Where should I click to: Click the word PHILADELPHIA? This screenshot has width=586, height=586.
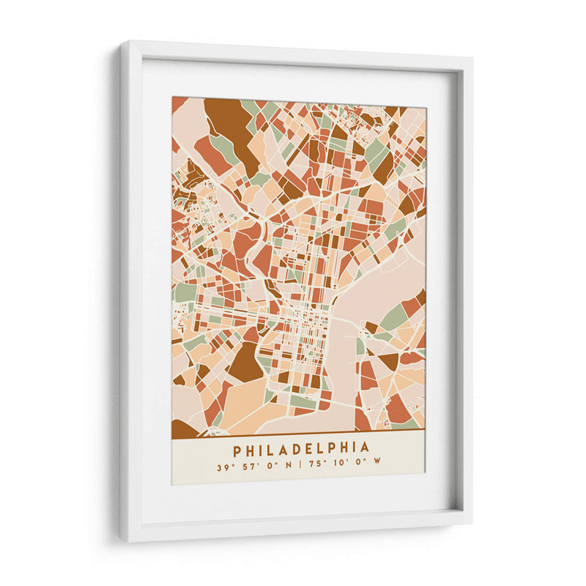pos(301,447)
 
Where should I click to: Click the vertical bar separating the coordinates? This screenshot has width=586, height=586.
pos(301,463)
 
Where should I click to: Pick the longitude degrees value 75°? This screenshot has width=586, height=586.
pos(316,463)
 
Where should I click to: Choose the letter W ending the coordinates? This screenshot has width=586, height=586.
pos(378,463)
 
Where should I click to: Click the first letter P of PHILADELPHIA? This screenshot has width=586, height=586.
pos(237,447)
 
